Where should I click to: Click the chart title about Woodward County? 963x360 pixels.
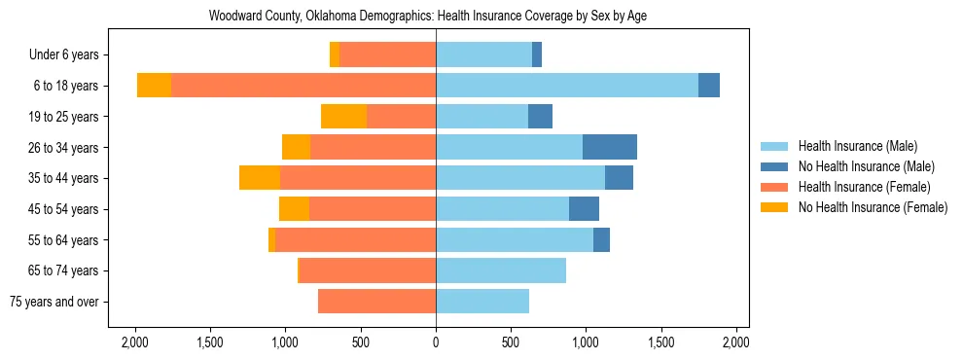tap(429, 16)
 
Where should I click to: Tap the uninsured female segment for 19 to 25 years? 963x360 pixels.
tap(343, 117)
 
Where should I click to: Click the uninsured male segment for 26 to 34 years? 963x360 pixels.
tap(610, 147)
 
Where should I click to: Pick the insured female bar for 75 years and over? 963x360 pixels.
tap(376, 302)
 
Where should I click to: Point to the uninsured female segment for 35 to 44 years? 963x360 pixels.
tap(260, 178)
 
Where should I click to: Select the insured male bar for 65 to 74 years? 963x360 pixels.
tap(501, 270)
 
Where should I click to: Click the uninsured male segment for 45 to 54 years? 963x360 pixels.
tap(584, 209)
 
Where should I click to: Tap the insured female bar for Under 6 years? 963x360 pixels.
tap(387, 54)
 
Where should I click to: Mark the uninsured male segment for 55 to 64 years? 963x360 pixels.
tap(601, 239)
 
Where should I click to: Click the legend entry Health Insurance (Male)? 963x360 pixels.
tap(857, 146)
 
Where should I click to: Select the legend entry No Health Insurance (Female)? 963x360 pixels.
tap(873, 207)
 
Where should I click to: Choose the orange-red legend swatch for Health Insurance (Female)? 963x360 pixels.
tap(774, 187)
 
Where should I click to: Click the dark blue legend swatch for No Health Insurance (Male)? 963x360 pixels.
tap(774, 166)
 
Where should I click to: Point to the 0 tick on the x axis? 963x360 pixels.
tap(436, 342)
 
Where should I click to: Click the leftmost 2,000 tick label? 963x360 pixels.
tap(134, 342)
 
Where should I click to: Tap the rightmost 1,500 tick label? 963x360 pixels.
tap(661, 342)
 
